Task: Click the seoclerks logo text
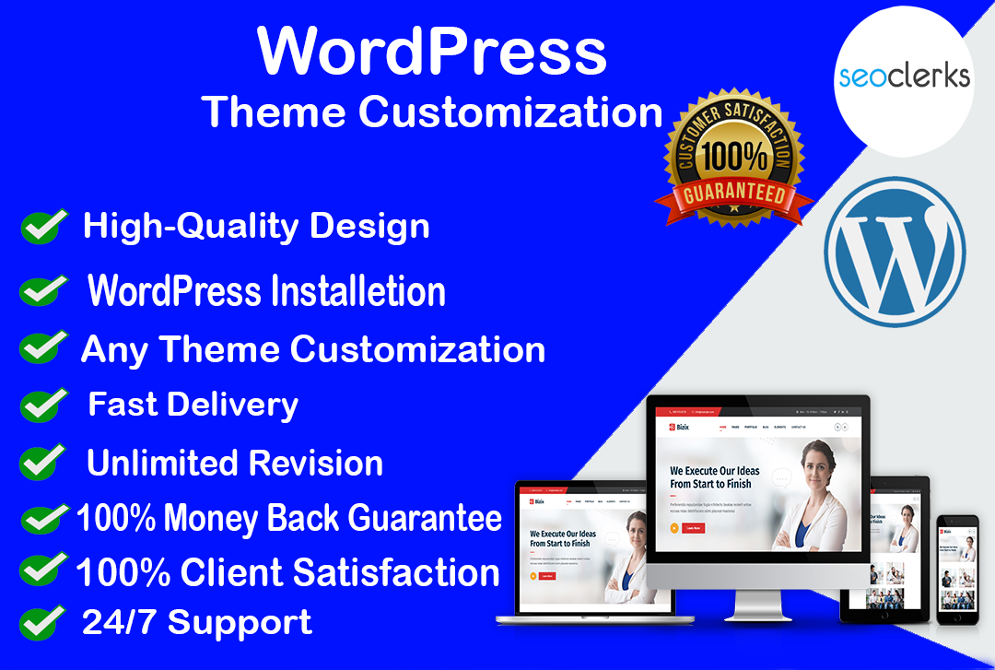pyautogui.click(x=904, y=75)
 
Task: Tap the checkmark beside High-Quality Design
pyautogui.click(x=44, y=226)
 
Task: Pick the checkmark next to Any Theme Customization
pyautogui.click(x=42, y=348)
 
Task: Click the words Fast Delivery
pyautogui.click(x=193, y=405)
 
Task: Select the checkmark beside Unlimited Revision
pyautogui.click(x=43, y=460)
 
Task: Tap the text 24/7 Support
pyautogui.click(x=197, y=622)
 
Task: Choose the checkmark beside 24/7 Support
pyautogui.click(x=41, y=622)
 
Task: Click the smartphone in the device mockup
pyautogui.click(x=957, y=569)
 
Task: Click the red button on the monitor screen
pyautogui.click(x=694, y=528)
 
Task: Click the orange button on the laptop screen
pyautogui.click(x=533, y=575)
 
